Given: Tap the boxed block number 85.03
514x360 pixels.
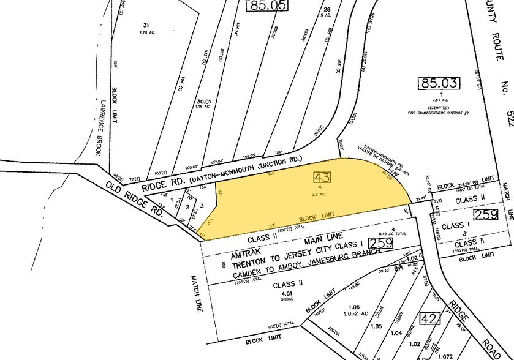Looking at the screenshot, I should (x=435, y=83).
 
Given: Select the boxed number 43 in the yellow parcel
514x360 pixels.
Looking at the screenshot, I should (x=322, y=178).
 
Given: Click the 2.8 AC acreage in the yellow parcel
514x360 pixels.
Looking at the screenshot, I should (x=323, y=195).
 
